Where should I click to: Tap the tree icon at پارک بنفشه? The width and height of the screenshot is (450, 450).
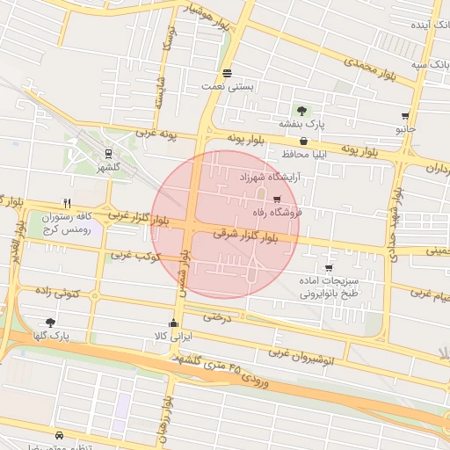click(301, 111)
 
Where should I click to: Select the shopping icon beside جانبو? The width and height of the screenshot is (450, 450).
click(405, 115)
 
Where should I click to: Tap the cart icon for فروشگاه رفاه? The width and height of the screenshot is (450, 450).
click(278, 200)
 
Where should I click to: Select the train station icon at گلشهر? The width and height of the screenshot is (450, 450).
click(108, 153)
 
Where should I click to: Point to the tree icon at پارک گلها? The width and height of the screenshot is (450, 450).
click(49, 323)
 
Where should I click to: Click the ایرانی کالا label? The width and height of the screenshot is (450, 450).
click(173, 335)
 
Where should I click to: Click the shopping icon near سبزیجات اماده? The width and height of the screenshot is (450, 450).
click(329, 268)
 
